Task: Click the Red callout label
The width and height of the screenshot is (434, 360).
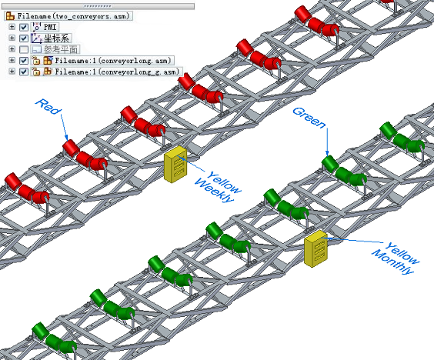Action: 48,106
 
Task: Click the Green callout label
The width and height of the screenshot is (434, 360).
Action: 309,118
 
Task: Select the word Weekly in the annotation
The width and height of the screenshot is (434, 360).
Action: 214,191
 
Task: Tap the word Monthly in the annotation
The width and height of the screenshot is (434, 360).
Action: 393,262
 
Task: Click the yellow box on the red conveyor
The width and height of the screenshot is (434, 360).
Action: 175,165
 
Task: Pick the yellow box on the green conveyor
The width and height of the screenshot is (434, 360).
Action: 315,248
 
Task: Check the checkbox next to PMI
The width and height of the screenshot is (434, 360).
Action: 24,27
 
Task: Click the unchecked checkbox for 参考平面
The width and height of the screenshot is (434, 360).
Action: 24,49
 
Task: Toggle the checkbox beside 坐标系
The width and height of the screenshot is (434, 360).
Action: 24,38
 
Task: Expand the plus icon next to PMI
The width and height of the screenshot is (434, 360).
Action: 12,27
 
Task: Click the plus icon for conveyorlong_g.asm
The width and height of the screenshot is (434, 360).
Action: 12,72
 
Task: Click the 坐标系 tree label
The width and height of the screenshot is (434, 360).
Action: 57,38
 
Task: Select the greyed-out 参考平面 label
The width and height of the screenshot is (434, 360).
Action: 61,49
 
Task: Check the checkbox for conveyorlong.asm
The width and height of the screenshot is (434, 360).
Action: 24,61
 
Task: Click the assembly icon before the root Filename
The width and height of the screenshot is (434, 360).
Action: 10,16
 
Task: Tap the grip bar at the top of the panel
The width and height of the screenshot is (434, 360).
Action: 98,6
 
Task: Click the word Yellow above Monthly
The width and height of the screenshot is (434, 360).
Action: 402,252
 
